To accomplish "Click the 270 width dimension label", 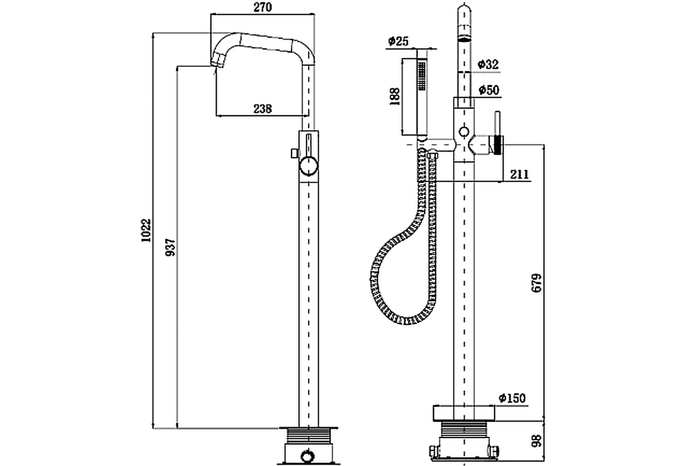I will pyautogui.click(x=262, y=7).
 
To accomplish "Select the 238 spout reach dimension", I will pyautogui.click(x=262, y=108).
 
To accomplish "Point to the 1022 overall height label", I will pyautogui.click(x=145, y=231).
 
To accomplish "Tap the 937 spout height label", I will pyautogui.click(x=170, y=247).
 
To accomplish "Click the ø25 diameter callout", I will pyautogui.click(x=398, y=41).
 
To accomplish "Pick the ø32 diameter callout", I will pyautogui.click(x=488, y=65).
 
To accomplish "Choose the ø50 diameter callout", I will pyautogui.click(x=489, y=90).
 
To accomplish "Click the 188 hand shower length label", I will pyautogui.click(x=394, y=96).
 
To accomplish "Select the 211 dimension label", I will pyautogui.click(x=519, y=174).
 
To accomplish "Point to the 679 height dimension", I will pyautogui.click(x=537, y=283).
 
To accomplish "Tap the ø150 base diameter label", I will pyautogui.click(x=512, y=398).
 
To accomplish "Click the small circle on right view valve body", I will pyautogui.click(x=464, y=132).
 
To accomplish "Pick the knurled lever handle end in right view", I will pyautogui.click(x=498, y=145).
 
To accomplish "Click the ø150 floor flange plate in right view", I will pyautogui.click(x=463, y=412).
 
